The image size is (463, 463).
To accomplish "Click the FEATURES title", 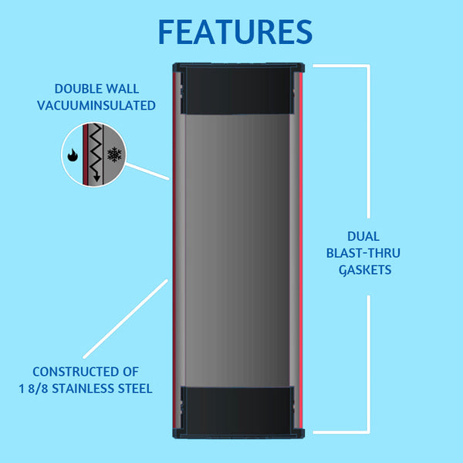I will (x=235, y=31).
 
